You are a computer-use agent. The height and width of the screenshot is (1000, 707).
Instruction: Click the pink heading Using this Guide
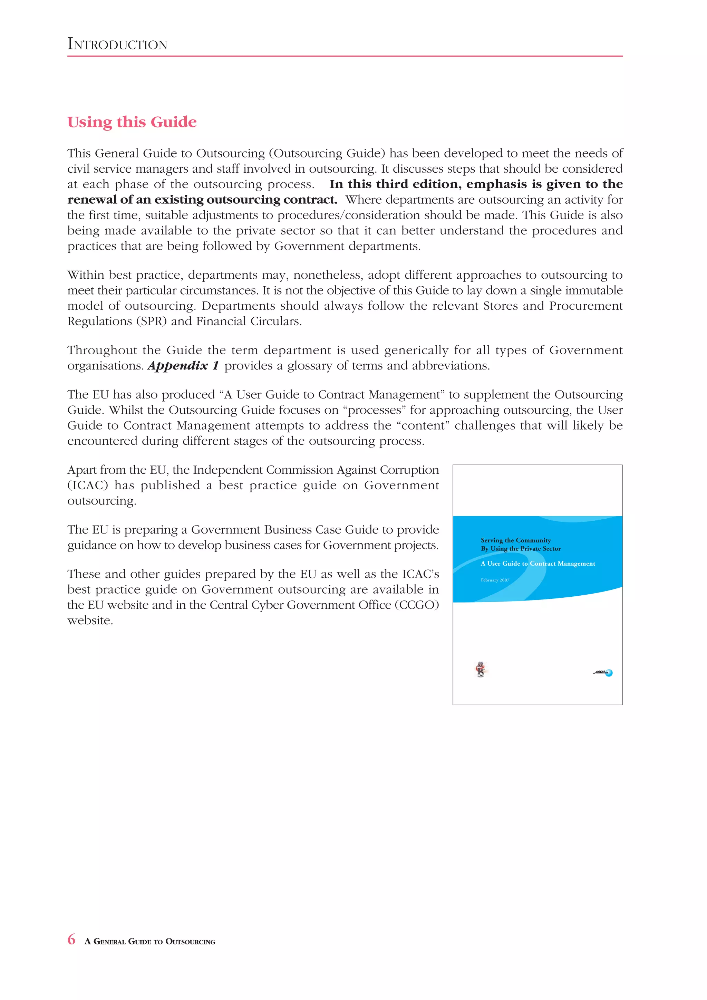(132, 122)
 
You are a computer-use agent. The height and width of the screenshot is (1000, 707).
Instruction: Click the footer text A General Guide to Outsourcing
(150, 942)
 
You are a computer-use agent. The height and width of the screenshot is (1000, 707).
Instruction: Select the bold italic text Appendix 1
(183, 366)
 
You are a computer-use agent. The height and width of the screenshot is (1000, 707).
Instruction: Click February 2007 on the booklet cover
(495, 580)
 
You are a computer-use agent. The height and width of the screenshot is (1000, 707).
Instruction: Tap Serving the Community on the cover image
(515, 540)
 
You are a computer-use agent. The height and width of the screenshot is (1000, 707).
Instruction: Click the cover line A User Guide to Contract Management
(537, 564)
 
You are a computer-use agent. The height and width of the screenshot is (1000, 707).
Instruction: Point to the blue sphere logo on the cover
(609, 673)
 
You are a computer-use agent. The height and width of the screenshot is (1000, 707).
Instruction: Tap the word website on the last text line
(90, 621)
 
